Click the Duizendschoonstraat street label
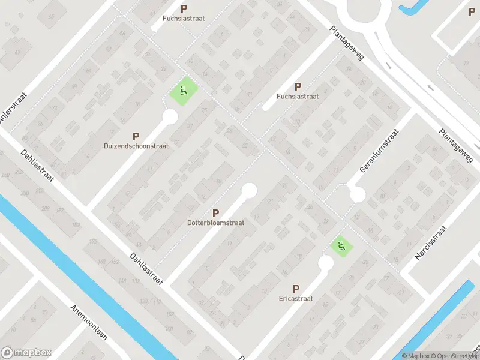(x=136, y=146)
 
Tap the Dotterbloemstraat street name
(x=215, y=222)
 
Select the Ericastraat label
(x=296, y=298)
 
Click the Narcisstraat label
(x=431, y=243)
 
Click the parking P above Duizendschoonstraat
(x=136, y=137)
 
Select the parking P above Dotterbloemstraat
(x=215, y=213)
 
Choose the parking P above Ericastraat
(x=296, y=289)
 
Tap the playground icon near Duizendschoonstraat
(x=183, y=92)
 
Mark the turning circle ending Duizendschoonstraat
(x=170, y=116)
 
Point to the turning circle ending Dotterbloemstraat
(x=248, y=191)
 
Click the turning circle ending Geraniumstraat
(x=358, y=195)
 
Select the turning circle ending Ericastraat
(x=326, y=263)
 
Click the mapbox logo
(x=27, y=353)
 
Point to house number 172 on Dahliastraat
(x=93, y=241)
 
